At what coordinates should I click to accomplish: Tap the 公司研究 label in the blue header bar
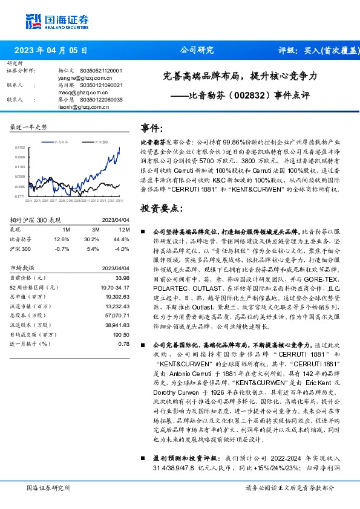(x=197, y=50)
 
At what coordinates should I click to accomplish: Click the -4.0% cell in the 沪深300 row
(x=123, y=248)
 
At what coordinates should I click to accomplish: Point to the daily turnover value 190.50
(x=121, y=334)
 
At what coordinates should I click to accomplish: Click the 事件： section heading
(x=151, y=128)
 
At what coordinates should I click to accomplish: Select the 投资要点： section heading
(x=161, y=209)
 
